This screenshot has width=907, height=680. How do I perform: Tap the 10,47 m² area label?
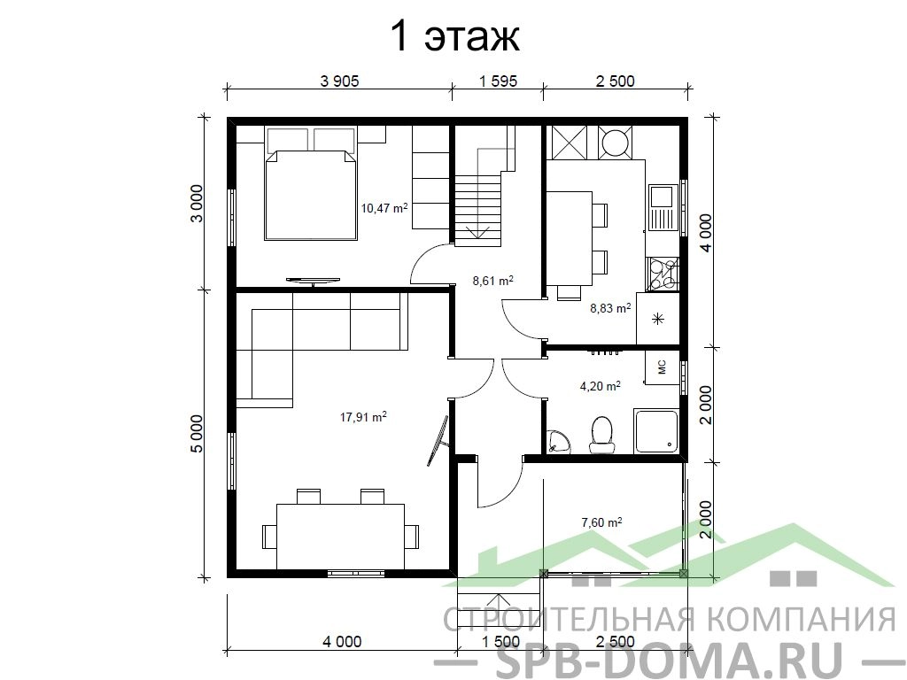[x=384, y=207]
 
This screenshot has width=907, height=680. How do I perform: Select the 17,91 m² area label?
[x=363, y=416]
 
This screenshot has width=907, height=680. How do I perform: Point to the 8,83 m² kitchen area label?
[x=610, y=308]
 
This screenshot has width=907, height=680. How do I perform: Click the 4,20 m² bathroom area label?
[x=601, y=385]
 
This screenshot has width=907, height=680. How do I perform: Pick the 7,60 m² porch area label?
[x=601, y=522]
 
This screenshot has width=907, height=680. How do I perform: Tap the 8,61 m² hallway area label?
[x=493, y=281]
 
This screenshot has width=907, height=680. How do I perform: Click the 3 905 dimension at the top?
[x=339, y=81]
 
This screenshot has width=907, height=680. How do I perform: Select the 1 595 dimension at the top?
[x=498, y=81]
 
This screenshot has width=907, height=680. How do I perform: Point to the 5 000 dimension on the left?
[x=198, y=434]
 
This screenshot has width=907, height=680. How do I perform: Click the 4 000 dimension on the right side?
[x=706, y=233]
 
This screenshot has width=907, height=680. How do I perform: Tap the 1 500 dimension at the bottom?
[x=500, y=641]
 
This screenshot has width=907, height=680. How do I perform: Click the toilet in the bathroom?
[x=602, y=434]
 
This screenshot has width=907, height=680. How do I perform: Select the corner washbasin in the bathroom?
[x=558, y=441]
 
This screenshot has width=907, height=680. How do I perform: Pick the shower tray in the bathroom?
[x=657, y=431]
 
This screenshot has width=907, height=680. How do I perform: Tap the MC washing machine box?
[x=663, y=367]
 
